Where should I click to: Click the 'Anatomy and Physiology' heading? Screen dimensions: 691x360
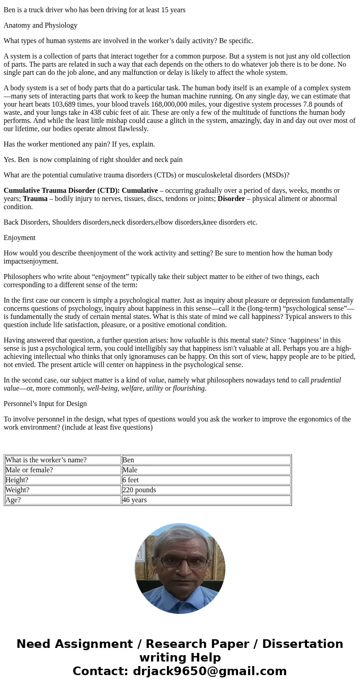click(x=40, y=25)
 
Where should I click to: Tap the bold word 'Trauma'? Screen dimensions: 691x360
click(x=35, y=199)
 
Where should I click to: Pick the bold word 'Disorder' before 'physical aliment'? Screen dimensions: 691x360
click(x=231, y=199)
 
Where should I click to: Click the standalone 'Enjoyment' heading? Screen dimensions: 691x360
click(x=19, y=238)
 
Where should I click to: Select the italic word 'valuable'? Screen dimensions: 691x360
click(x=197, y=340)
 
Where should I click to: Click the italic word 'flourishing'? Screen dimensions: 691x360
click(x=189, y=388)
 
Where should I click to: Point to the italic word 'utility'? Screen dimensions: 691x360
click(x=154, y=388)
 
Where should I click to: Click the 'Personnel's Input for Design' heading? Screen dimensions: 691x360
click(x=45, y=404)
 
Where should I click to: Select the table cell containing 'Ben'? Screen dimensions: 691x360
click(x=206, y=460)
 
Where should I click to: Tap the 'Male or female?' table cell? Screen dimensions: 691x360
click(x=63, y=470)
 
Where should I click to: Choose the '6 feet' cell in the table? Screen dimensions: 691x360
click(x=206, y=480)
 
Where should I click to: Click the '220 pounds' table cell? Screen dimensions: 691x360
click(x=206, y=490)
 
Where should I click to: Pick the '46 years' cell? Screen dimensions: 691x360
click(x=206, y=500)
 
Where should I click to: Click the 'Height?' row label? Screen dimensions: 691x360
click(x=63, y=480)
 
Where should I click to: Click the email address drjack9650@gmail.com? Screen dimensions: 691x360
click(x=209, y=671)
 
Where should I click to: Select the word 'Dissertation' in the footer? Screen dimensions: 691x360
click(x=302, y=644)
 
